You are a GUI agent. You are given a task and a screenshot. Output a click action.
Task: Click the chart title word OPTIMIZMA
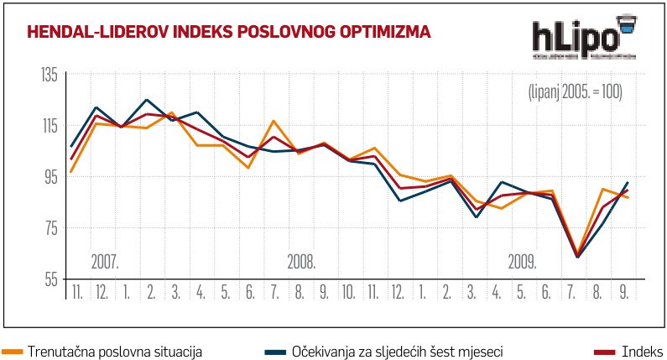click(x=385, y=33)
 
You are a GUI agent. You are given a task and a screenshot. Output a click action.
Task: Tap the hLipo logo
click(x=585, y=38)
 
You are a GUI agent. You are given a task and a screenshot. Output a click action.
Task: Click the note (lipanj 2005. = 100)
click(x=574, y=91)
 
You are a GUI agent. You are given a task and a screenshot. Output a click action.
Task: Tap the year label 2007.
click(x=105, y=262)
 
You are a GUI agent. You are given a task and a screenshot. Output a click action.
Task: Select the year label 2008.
click(x=300, y=262)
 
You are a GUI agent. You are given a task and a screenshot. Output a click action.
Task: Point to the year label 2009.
click(x=522, y=262)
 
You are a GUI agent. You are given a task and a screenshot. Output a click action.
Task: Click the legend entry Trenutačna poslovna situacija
click(x=115, y=350)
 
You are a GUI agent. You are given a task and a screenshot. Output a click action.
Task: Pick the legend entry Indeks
click(x=642, y=350)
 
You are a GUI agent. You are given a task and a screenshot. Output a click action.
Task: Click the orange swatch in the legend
click(x=13, y=350)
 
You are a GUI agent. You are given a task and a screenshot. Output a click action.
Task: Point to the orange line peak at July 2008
click(x=274, y=121)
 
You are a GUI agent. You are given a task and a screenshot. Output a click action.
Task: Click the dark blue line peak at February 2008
click(x=147, y=100)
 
